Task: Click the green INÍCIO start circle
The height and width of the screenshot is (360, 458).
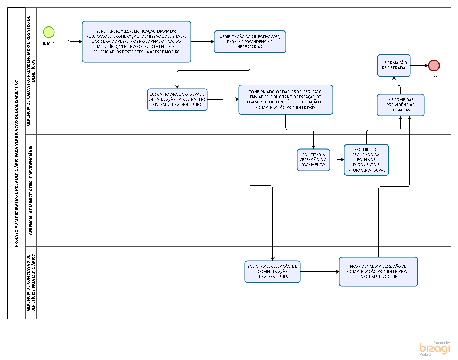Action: click(x=49, y=32)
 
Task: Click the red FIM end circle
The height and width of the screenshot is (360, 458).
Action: click(x=434, y=65)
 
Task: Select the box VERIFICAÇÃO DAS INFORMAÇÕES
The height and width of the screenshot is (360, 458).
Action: click(x=250, y=41)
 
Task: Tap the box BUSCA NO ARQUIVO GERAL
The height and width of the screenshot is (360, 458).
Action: click(x=177, y=99)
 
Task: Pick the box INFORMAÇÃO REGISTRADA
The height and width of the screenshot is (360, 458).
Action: click(x=394, y=65)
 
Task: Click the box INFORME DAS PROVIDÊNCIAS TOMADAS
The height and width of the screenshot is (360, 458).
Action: click(x=400, y=105)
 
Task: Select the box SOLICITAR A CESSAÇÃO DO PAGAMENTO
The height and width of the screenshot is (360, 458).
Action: click(x=313, y=160)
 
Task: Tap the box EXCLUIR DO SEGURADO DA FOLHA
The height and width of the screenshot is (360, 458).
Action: click(x=366, y=160)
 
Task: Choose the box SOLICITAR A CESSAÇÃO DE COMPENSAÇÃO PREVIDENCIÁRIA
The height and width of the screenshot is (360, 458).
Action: click(x=272, y=271)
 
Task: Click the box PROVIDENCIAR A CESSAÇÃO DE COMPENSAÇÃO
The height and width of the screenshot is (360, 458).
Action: click(x=378, y=271)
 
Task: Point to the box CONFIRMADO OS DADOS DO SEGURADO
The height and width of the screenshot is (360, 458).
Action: click(x=286, y=99)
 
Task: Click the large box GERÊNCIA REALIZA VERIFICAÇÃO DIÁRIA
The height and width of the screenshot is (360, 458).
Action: click(x=136, y=41)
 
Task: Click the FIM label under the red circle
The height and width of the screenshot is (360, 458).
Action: click(x=434, y=77)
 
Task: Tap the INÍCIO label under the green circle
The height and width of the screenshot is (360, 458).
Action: click(x=49, y=44)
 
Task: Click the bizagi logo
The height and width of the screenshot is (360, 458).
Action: click(x=434, y=349)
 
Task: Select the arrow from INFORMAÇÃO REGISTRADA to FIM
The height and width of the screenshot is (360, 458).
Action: click(x=420, y=65)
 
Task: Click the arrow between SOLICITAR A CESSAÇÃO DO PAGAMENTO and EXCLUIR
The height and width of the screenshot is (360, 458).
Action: click(x=337, y=160)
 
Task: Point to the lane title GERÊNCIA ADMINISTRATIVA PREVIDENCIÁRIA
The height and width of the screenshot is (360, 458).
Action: click(x=31, y=190)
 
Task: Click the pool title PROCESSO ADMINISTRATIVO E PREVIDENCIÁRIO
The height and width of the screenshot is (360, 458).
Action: click(x=16, y=163)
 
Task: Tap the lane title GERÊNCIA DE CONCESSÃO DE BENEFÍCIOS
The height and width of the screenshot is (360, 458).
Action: click(x=31, y=283)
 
